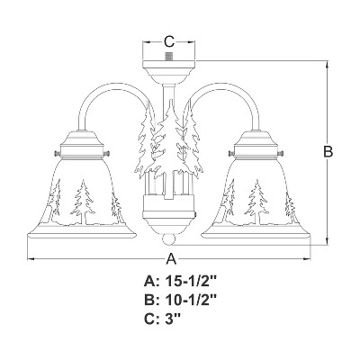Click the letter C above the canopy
(x=169, y=42)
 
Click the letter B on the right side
(x=328, y=152)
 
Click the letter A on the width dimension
(x=171, y=259)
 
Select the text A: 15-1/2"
(x=180, y=282)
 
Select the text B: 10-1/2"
(x=180, y=300)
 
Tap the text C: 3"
(x=162, y=318)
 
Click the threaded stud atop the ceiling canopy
(x=169, y=57)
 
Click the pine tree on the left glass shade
(x=82, y=202)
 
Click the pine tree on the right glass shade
(x=256, y=202)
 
